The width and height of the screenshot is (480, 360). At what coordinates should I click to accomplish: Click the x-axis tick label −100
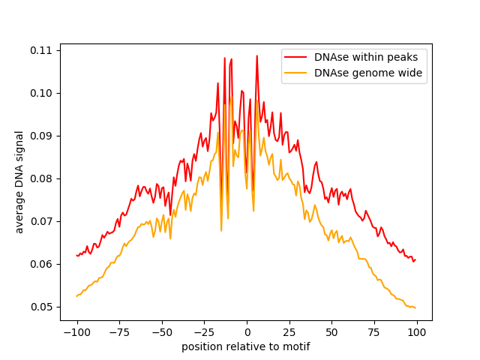click(76, 332)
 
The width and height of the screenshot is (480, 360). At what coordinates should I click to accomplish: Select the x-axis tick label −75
click(119, 332)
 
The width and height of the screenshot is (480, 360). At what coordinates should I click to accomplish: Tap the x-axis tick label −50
click(161, 332)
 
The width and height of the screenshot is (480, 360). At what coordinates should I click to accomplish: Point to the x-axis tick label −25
click(204, 332)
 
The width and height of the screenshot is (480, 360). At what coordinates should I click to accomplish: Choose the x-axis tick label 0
click(247, 332)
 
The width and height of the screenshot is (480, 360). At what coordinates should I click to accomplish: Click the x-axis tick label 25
click(289, 332)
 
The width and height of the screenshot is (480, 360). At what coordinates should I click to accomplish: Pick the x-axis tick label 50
click(331, 332)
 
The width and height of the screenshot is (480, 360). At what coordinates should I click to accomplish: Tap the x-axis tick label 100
click(417, 332)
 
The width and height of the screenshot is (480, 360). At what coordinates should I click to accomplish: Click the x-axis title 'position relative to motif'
click(246, 346)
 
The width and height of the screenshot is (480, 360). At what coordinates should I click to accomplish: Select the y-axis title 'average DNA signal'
click(19, 181)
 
